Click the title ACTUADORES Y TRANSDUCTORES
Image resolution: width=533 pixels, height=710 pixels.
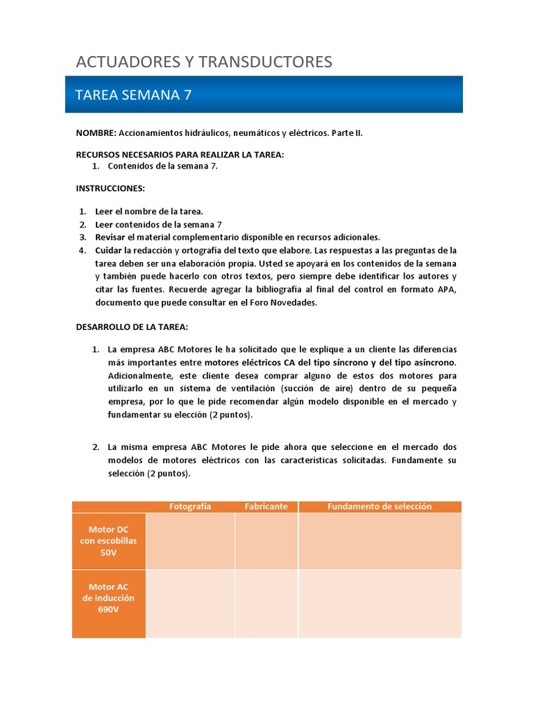coord(204,62)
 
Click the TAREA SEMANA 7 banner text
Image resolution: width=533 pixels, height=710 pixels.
coord(133,95)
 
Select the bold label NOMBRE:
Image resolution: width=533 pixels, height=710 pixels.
coord(96,133)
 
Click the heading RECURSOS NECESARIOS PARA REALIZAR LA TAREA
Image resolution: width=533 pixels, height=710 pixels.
coord(180,155)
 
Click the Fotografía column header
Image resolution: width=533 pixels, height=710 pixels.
coord(190,506)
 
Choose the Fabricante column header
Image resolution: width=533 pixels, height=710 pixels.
coord(266,506)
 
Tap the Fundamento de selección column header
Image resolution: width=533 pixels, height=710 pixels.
coord(380,506)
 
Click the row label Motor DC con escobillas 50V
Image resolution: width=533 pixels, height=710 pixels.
coord(109,541)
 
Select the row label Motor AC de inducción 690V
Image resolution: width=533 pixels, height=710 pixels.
coord(109,598)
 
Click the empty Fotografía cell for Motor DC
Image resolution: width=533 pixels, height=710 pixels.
coord(190,541)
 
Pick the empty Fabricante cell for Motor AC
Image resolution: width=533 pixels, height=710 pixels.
coord(266,603)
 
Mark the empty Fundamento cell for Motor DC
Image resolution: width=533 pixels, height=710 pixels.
coord(380,541)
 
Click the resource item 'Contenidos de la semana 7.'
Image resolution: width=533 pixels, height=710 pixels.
coord(163,166)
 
